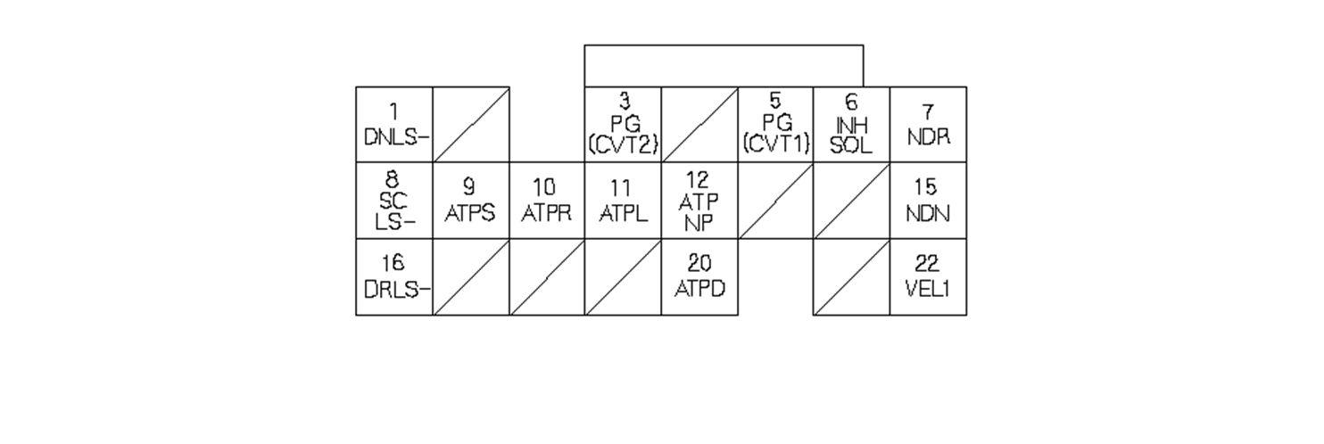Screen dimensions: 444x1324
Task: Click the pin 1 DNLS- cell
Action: coord(394,125)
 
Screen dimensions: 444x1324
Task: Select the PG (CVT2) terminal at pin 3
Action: coord(623,125)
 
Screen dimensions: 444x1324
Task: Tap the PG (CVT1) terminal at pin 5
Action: coord(775,125)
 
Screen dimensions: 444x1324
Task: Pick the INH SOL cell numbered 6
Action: coord(851,125)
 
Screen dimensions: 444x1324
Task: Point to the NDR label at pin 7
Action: coord(928,125)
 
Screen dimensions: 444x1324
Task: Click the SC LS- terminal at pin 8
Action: coord(394,201)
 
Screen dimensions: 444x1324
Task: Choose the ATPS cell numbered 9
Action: coord(470,201)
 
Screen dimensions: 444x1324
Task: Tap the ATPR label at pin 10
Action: coord(546,201)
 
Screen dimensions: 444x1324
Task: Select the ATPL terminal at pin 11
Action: coord(623,201)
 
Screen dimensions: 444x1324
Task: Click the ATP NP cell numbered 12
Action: coord(699,201)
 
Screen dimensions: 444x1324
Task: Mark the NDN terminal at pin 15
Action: coord(928,201)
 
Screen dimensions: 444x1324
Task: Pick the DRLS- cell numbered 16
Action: coord(394,277)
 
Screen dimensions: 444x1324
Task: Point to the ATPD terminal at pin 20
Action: coord(699,277)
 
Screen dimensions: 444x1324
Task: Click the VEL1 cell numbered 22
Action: coord(928,277)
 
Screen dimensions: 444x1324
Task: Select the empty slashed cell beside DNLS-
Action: coord(470,125)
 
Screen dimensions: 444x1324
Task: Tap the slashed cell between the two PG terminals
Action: coord(699,125)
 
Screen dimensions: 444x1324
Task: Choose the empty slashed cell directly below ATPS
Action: coord(470,277)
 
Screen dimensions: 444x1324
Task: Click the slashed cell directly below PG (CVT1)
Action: coord(775,201)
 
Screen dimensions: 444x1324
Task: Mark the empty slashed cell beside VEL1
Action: coord(851,277)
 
